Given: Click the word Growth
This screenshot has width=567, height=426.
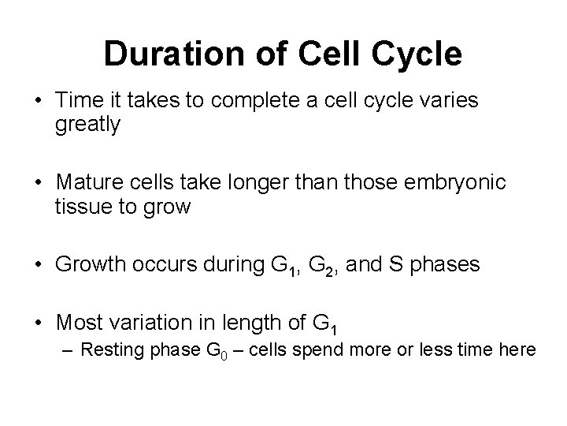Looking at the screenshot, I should [x=91, y=265].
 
